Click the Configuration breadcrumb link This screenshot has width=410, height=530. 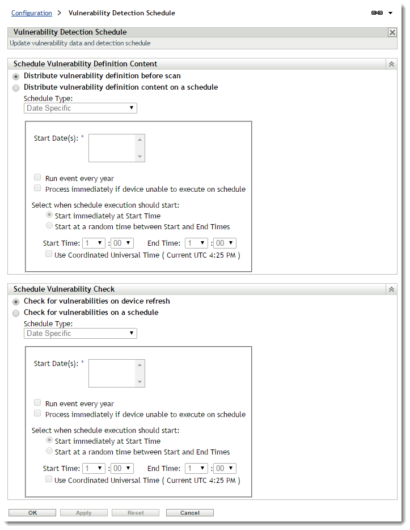click(x=31, y=12)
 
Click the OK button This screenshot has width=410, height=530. click(x=32, y=512)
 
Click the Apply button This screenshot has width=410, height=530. click(x=83, y=512)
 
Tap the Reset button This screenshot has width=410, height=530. click(x=136, y=512)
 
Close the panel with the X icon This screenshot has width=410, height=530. click(x=392, y=32)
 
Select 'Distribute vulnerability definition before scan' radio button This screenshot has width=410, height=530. click(x=16, y=76)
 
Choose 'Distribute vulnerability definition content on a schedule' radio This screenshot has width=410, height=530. click(x=16, y=87)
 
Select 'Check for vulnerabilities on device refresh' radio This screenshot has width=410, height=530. click(x=16, y=301)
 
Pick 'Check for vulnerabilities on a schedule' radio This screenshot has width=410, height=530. click(x=16, y=313)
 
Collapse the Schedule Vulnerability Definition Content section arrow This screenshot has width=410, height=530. click(x=391, y=64)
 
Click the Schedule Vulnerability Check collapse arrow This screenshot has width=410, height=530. click(x=391, y=289)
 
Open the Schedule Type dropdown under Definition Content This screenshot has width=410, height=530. click(x=80, y=108)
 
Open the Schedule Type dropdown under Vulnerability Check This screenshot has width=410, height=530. click(x=80, y=333)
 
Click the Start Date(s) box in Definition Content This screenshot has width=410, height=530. click(x=112, y=148)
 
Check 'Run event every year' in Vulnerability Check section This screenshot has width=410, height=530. click(x=37, y=403)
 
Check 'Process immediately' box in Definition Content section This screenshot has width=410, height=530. click(x=37, y=188)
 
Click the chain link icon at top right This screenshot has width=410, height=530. click(x=377, y=12)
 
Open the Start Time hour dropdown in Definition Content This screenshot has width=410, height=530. click(x=94, y=243)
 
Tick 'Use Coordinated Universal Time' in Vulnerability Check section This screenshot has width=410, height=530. click(x=49, y=479)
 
